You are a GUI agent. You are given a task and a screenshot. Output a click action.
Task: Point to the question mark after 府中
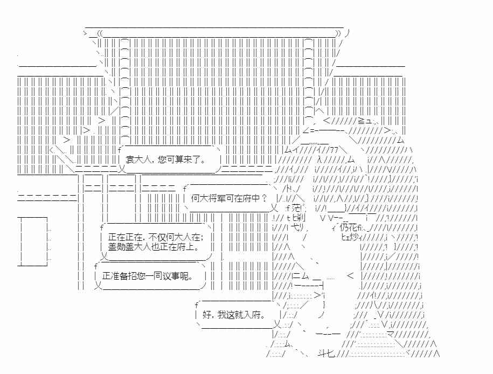264,198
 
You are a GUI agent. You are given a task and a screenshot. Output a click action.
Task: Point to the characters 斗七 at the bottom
325,354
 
